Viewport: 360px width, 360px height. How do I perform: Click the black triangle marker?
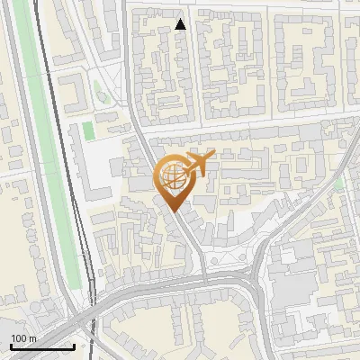[x=181, y=24]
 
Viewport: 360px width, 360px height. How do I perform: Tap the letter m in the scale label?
[x=33, y=338]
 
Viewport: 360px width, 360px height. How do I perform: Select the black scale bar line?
[x=41, y=346]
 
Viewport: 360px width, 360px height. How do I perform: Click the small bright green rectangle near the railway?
[x=88, y=130]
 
